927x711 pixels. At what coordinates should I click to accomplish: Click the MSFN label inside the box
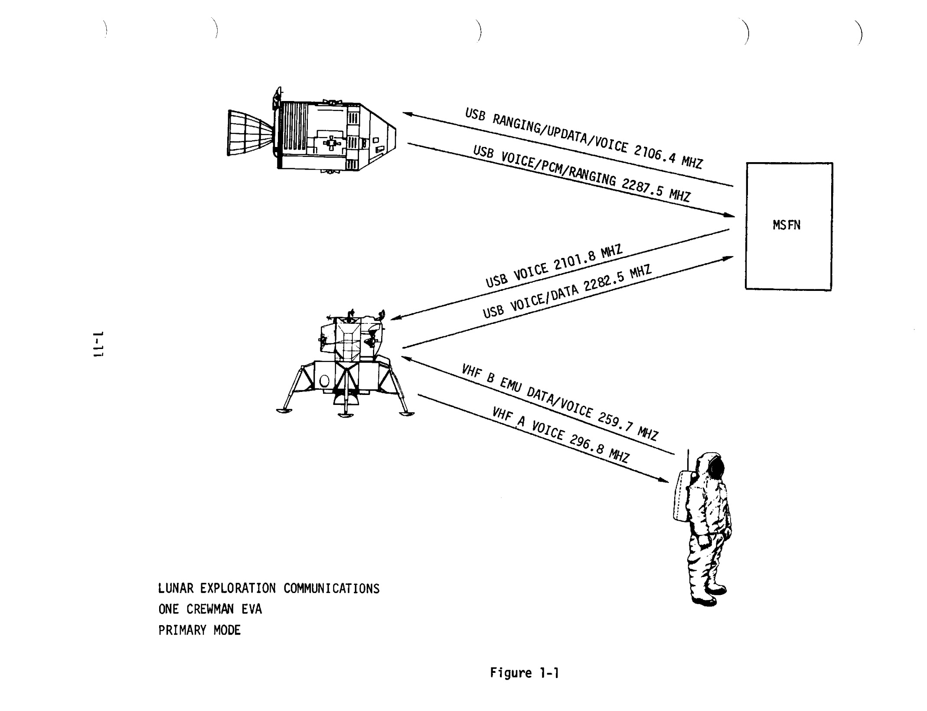point(786,225)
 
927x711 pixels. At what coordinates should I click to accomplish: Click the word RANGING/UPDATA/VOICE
point(560,130)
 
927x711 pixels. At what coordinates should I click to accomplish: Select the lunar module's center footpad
point(345,415)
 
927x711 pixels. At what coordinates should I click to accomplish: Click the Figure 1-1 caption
point(524,673)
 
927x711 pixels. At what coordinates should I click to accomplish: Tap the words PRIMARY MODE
point(199,630)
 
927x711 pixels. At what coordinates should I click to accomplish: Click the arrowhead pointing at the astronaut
point(664,480)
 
